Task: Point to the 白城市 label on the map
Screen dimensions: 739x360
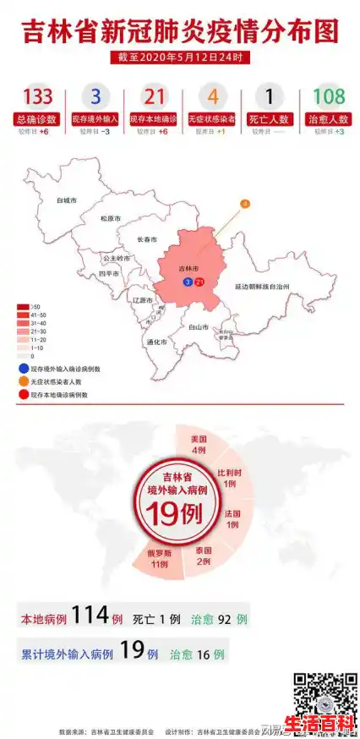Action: [66, 201]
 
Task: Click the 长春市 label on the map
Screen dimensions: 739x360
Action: [147, 240]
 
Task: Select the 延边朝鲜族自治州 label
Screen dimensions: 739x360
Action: [262, 287]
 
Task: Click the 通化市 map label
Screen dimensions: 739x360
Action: [156, 342]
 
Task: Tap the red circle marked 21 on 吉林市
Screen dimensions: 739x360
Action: [199, 282]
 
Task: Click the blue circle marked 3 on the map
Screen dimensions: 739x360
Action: [187, 282]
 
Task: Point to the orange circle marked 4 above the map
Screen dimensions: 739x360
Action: [245, 204]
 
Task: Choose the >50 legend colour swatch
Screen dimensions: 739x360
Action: [23, 306]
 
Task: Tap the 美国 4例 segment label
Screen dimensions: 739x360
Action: [199, 444]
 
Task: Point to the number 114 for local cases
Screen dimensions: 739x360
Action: [90, 617]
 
